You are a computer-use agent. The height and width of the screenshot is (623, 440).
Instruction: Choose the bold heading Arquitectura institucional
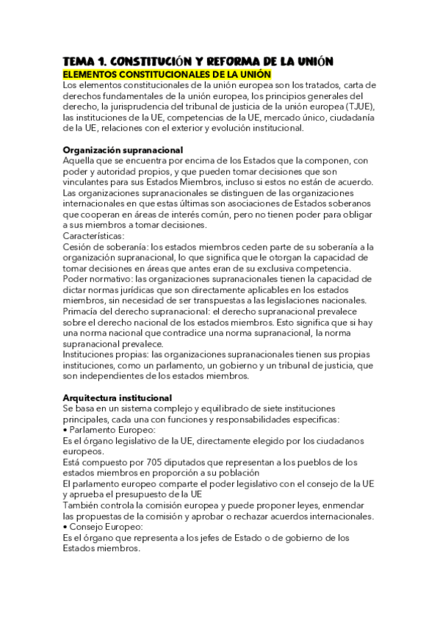pos(118,397)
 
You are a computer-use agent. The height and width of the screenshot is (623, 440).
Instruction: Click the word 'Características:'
pos(93,236)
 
